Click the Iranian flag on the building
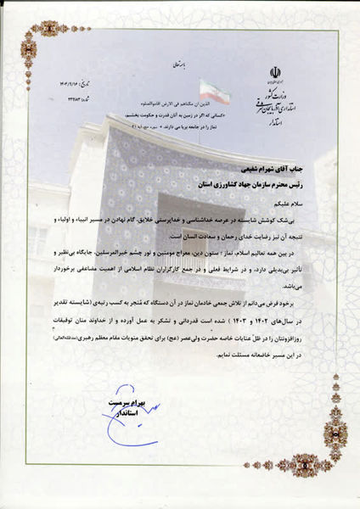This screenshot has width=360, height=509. pyautogui.click(x=214, y=87)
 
